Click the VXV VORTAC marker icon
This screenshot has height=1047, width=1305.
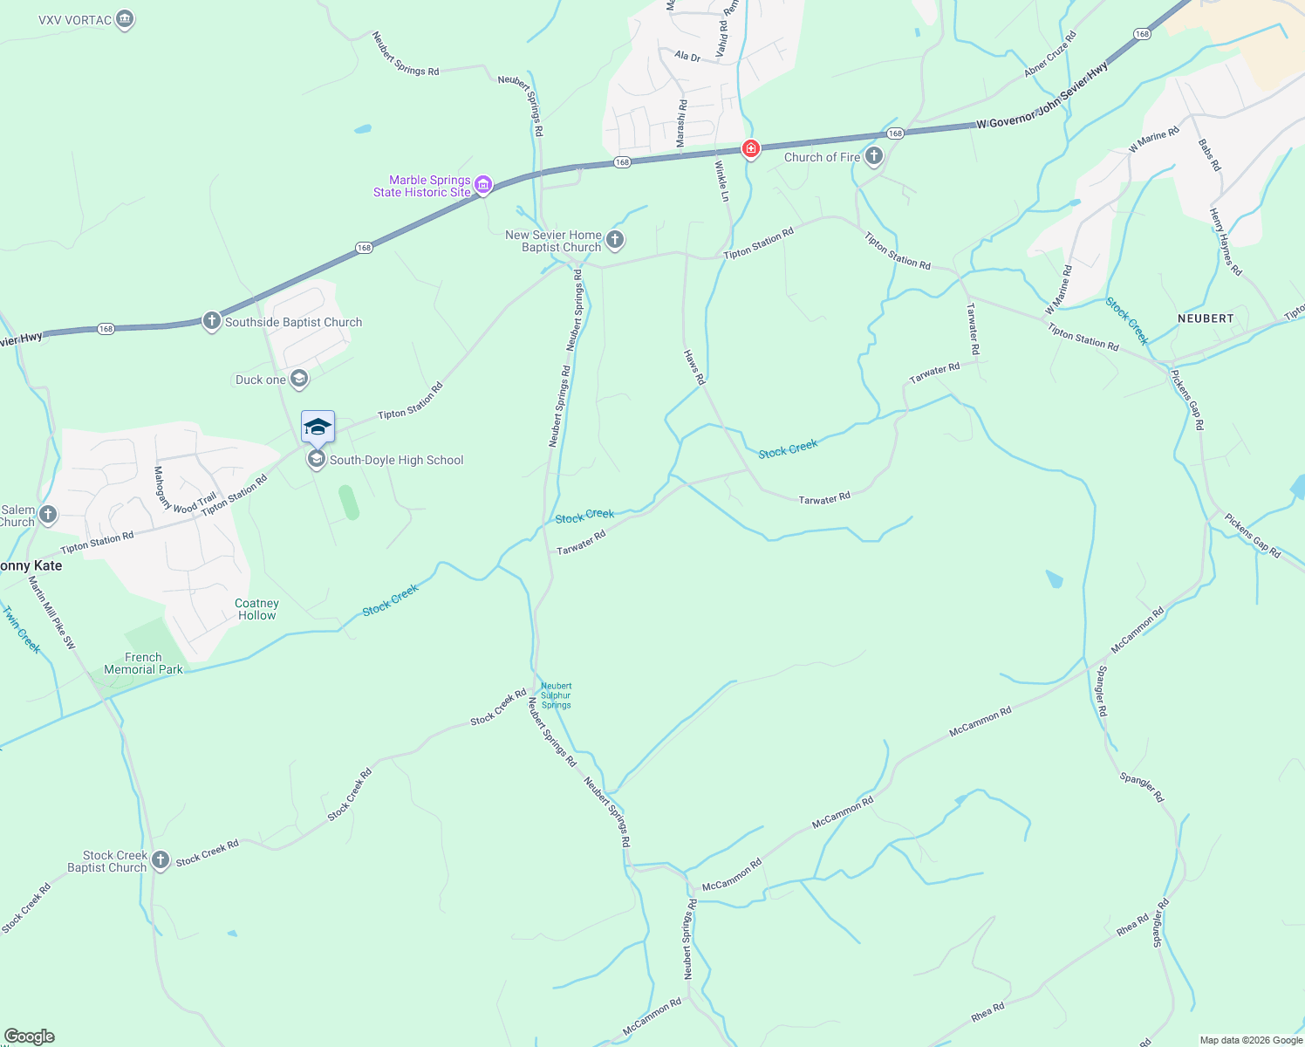click(125, 19)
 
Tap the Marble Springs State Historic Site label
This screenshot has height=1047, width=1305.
click(422, 186)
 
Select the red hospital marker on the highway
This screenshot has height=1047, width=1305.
click(750, 149)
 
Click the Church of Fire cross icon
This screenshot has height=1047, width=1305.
click(874, 156)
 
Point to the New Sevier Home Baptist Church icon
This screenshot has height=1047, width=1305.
click(615, 239)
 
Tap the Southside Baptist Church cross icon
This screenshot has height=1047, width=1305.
click(211, 321)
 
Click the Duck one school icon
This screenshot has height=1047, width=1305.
click(299, 379)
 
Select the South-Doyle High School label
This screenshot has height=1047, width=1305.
click(396, 460)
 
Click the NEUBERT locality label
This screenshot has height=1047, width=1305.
click(1206, 318)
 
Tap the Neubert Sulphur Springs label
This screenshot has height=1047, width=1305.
click(557, 695)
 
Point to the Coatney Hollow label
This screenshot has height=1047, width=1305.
click(256, 609)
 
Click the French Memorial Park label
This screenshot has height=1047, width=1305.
click(143, 663)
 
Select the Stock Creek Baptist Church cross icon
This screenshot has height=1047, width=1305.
click(160, 860)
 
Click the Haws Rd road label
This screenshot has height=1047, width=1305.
click(693, 367)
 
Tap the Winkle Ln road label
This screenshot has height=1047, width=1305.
click(722, 181)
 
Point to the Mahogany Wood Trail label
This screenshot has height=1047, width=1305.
click(184, 489)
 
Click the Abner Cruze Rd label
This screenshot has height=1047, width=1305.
click(1051, 54)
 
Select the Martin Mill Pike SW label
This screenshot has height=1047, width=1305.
click(51, 612)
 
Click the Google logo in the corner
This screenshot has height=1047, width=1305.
click(30, 1037)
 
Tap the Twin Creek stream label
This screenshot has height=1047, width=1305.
click(20, 629)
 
